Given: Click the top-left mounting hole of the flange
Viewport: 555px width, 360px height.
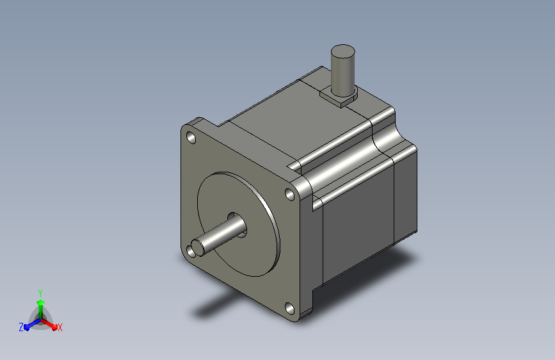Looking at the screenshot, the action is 191,138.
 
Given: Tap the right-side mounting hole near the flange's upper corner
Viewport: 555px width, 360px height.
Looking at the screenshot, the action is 290,194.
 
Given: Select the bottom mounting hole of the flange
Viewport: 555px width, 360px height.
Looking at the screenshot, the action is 289,308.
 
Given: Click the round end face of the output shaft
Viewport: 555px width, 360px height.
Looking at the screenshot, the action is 198,247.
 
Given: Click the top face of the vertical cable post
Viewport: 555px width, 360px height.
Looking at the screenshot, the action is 342,51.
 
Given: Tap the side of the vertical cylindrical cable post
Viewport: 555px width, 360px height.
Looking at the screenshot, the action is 342,74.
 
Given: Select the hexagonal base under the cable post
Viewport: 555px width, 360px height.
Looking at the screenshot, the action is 339,97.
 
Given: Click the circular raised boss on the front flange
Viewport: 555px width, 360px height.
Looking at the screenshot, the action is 239,224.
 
